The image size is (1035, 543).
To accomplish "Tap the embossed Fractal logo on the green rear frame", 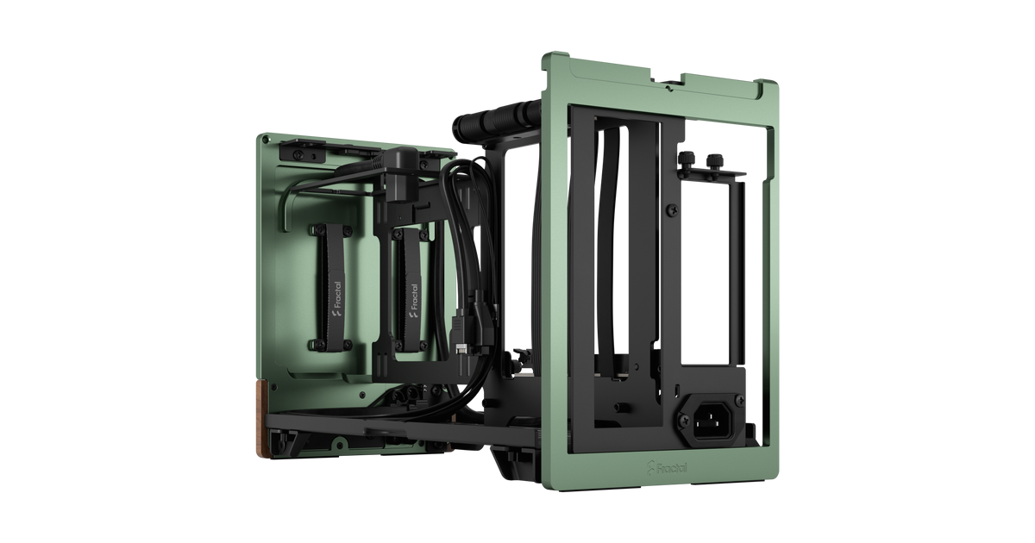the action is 667,467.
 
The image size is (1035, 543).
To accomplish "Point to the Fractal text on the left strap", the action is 337,295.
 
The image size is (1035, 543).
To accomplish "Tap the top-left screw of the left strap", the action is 318,229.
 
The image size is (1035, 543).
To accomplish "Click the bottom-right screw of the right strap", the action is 423,346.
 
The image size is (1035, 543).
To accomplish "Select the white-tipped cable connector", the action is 461,347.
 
